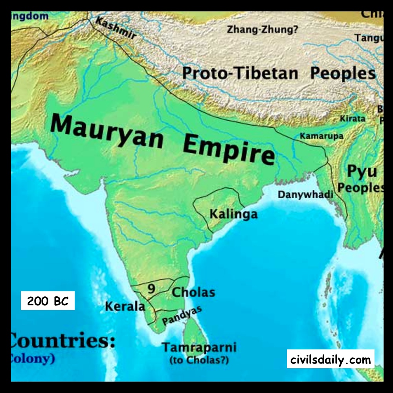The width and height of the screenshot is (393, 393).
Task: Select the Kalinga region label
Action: coord(233,214)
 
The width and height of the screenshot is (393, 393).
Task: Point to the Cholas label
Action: coord(193,292)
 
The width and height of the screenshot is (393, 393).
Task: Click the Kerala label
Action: coord(125,306)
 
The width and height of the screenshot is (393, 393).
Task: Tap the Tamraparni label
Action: coord(199,347)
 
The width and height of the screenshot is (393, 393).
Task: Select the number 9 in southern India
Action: coord(151,289)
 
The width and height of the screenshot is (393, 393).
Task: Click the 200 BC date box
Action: coord(48,301)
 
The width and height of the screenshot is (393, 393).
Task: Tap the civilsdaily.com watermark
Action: coord(330,359)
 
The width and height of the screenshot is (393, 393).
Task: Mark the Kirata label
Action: coord(352,118)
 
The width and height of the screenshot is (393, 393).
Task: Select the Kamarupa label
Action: coord(321,136)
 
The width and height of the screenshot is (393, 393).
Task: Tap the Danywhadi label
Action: coord(305,194)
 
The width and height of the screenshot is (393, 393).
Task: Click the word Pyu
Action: coord(362,171)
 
